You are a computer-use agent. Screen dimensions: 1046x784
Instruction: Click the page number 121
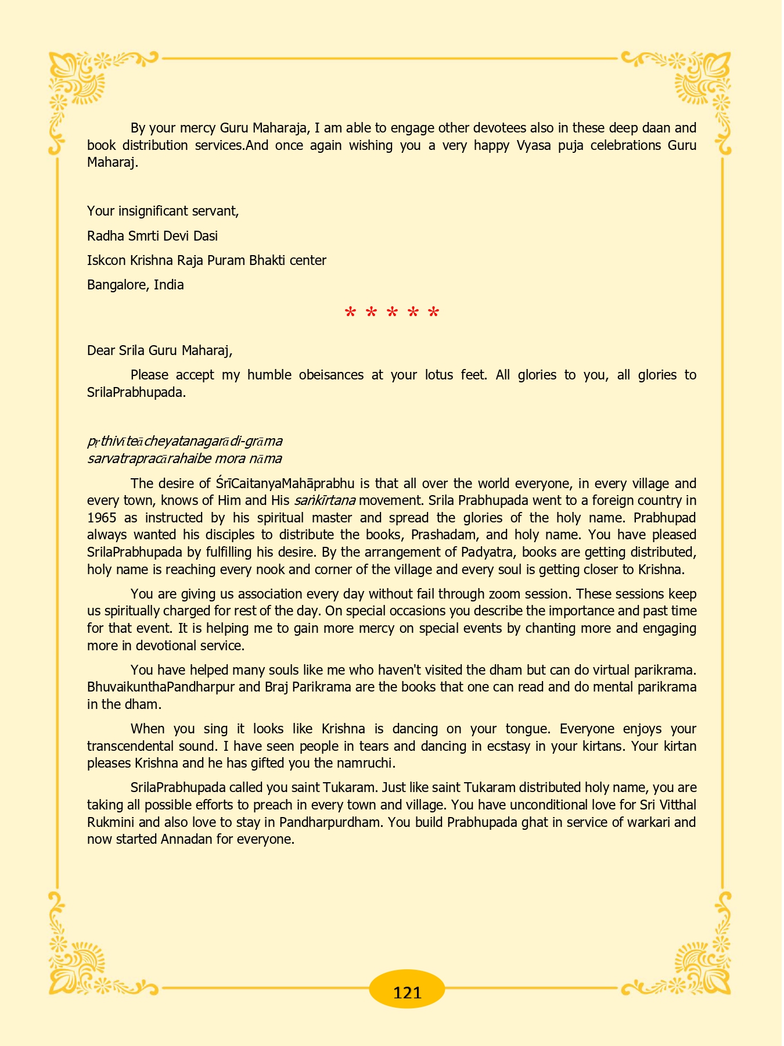(407, 992)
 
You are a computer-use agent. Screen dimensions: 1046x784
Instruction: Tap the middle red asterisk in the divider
(392, 313)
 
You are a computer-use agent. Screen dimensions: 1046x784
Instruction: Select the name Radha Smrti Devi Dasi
(152, 236)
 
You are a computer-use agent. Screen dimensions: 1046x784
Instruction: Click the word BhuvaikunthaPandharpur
(161, 687)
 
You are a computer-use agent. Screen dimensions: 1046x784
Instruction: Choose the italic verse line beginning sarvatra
(185, 458)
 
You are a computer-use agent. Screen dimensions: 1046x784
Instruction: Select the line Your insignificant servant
(163, 211)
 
